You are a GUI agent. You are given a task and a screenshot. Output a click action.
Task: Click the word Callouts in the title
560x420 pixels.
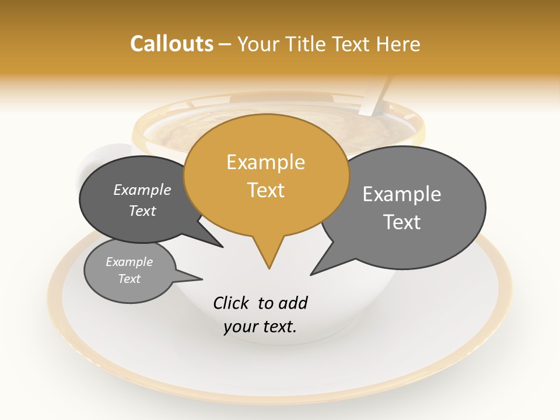pos(171,44)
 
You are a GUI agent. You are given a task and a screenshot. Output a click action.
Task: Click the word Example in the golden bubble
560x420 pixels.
pos(265,162)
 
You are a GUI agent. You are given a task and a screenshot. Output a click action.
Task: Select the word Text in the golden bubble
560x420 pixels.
pos(266,190)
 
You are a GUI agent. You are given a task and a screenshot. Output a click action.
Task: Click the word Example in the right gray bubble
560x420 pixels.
pos(402,194)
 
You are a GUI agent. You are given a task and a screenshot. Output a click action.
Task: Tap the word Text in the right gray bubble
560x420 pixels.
pos(402,222)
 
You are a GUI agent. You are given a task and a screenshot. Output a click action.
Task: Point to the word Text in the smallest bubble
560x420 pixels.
pos(129,279)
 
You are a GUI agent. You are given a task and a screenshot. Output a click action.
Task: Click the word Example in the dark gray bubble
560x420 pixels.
pos(142,190)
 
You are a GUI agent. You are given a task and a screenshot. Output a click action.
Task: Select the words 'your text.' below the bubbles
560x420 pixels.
pos(260,327)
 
